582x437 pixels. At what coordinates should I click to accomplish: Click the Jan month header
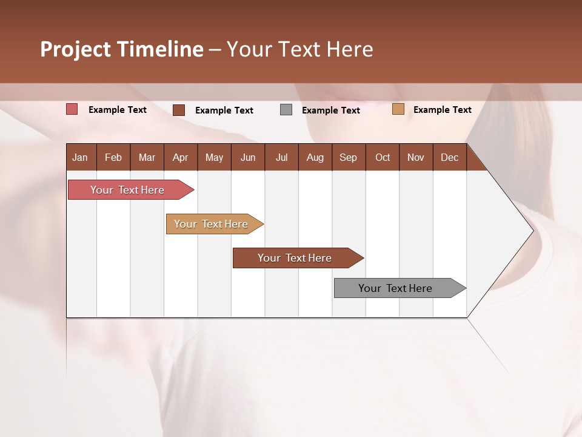[x=81, y=157]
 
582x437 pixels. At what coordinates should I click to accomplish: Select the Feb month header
[x=113, y=157]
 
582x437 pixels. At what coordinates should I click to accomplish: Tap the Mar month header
[x=147, y=157]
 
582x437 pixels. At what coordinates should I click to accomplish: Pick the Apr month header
[x=181, y=157]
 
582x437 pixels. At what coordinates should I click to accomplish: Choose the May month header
[x=214, y=157]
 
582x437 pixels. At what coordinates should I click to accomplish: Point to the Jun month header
[x=248, y=157]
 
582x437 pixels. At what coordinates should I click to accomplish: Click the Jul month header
[x=281, y=157]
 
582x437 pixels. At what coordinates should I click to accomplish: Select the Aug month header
[x=315, y=157]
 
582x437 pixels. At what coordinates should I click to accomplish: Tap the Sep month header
[x=349, y=157]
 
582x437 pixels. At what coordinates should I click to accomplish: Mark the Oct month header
[x=383, y=157]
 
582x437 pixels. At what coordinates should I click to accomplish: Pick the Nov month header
[x=416, y=157]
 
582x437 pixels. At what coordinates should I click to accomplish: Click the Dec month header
[x=449, y=157]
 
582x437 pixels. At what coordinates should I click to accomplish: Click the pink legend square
[x=72, y=109]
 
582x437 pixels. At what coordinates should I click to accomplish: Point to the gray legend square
[x=286, y=110]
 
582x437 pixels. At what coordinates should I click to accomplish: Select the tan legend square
[x=398, y=109]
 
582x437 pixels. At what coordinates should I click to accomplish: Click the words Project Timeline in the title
[x=122, y=49]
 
